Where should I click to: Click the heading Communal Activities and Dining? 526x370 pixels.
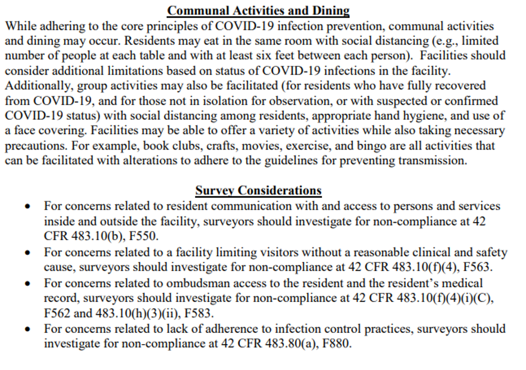point(259,11)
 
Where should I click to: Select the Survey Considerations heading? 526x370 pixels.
point(259,191)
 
